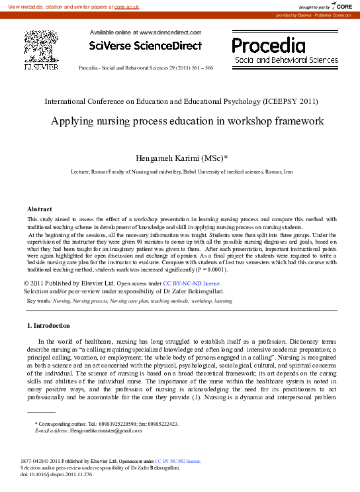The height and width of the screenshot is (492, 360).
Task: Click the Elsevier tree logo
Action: point(41,46)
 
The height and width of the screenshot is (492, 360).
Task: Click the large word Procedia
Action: point(269,46)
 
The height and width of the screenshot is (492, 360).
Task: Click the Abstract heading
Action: point(39,209)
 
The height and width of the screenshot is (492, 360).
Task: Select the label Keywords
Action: point(39,301)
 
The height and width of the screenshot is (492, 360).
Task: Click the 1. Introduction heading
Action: point(48,325)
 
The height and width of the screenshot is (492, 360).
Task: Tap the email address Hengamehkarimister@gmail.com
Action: point(106,430)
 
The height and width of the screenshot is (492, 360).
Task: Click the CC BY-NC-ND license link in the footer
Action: point(178,461)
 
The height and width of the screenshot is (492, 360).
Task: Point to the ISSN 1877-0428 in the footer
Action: point(35,461)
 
